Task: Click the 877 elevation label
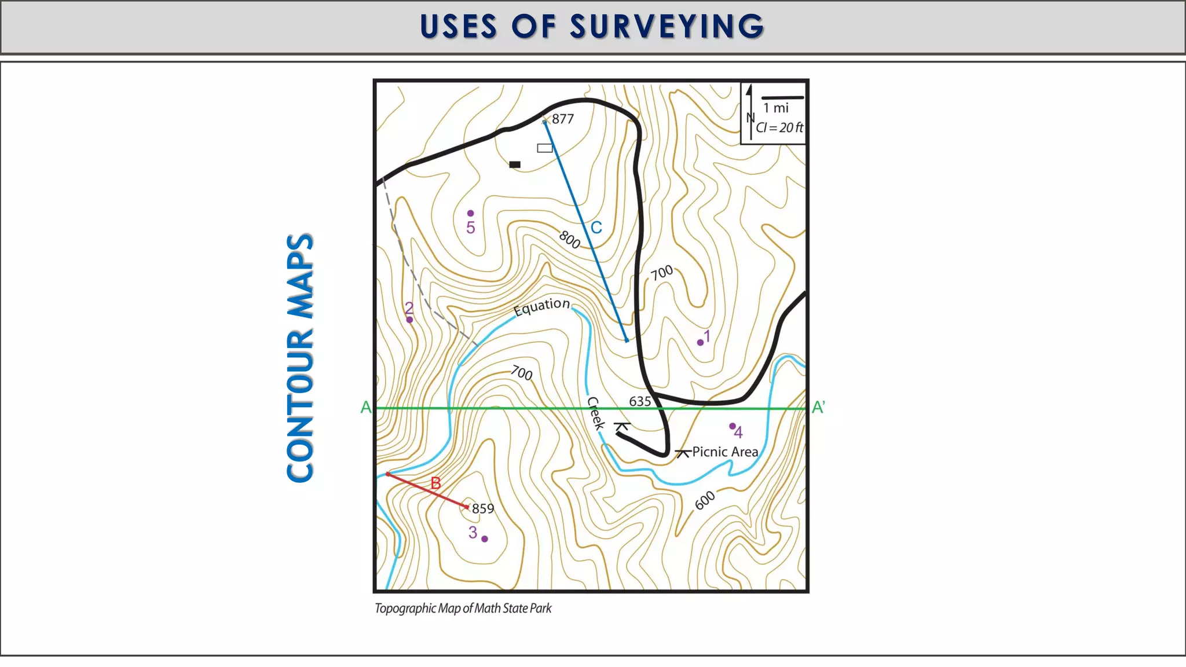(562, 119)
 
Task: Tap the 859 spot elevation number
(483, 509)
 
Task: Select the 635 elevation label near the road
(640, 401)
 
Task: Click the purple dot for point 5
(470, 214)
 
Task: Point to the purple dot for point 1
(700, 343)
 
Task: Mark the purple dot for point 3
(485, 539)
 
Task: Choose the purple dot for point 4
(732, 426)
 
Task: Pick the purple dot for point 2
(409, 320)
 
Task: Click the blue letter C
(596, 228)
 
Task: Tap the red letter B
(435, 483)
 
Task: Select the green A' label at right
(818, 408)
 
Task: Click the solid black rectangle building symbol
(515, 164)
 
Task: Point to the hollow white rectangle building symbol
(544, 148)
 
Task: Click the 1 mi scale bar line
(782, 97)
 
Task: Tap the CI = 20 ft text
(779, 128)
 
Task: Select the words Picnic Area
(725, 452)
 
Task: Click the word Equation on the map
(541, 306)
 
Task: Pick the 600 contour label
(705, 500)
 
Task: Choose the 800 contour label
(570, 239)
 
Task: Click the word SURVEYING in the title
(667, 27)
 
